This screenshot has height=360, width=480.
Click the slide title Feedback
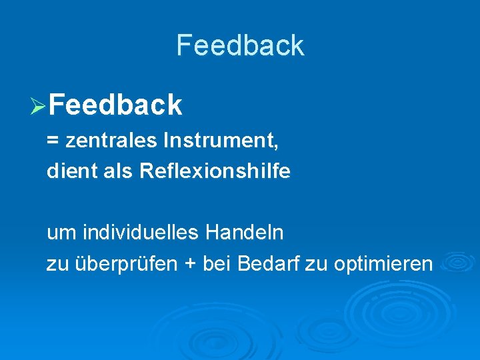[x=240, y=45]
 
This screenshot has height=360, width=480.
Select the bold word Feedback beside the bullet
[x=115, y=105]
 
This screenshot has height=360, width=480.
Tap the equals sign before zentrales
[x=52, y=141]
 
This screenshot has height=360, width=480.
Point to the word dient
[x=66, y=171]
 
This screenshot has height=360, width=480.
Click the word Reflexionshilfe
[x=215, y=171]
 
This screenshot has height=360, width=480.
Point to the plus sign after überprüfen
[x=191, y=265]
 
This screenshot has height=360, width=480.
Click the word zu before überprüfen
[x=55, y=265]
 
